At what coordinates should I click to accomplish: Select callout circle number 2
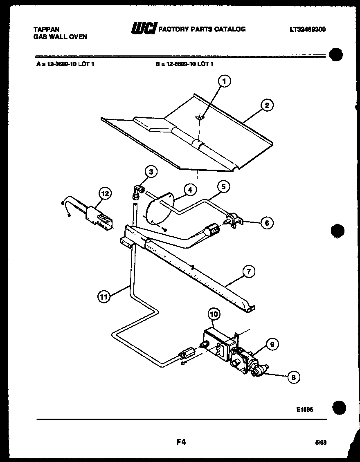point(267,105)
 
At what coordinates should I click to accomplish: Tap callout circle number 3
point(151,172)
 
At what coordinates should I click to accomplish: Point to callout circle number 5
point(223,187)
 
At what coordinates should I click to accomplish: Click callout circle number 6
point(267,223)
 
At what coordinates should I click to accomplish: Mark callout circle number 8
point(293,377)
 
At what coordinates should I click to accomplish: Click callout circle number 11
point(104,297)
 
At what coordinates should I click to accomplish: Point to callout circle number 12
point(105,193)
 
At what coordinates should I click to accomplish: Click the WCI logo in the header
point(143,29)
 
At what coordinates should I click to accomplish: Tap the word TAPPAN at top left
point(46,29)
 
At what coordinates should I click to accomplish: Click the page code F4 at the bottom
point(181,442)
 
